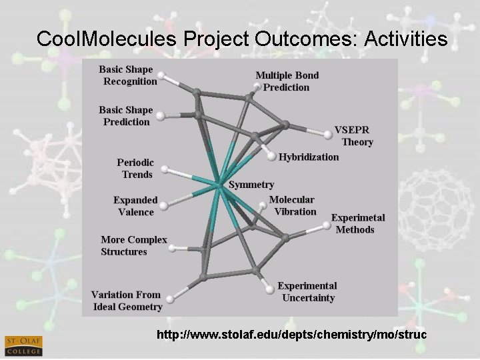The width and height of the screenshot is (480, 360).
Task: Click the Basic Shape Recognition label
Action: pyautogui.click(x=128, y=75)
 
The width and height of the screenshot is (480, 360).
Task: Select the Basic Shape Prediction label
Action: pyautogui.click(x=126, y=116)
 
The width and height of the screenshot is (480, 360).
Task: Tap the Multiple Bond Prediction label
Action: pyautogui.click(x=287, y=81)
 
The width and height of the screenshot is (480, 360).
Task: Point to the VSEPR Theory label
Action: pyautogui.click(x=353, y=136)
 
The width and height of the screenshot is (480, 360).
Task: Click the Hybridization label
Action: pyautogui.click(x=309, y=157)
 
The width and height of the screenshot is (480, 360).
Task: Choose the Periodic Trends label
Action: pyautogui.click(x=135, y=169)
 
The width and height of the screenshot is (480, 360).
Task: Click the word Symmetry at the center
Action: pyautogui.click(x=251, y=185)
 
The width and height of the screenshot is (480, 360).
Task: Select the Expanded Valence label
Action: pyautogui.click(x=135, y=206)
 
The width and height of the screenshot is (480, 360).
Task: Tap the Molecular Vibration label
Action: pyautogui.click(x=292, y=206)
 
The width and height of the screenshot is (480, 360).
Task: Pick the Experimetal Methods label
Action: pyautogui.click(x=358, y=224)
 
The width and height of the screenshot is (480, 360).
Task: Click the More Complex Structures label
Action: pyautogui.click(x=133, y=245)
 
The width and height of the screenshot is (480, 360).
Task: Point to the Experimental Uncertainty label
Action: pyautogui.click(x=307, y=292)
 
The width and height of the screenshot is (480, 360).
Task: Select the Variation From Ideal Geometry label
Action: pyautogui.click(x=127, y=301)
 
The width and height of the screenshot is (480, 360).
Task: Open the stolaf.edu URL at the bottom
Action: pyautogui.click(x=291, y=334)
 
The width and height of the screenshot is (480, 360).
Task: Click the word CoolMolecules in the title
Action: pyautogui.click(x=107, y=39)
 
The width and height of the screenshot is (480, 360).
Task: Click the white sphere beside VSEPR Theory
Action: pyautogui.click(x=328, y=134)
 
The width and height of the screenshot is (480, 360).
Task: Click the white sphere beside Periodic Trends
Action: pyautogui.click(x=165, y=169)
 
